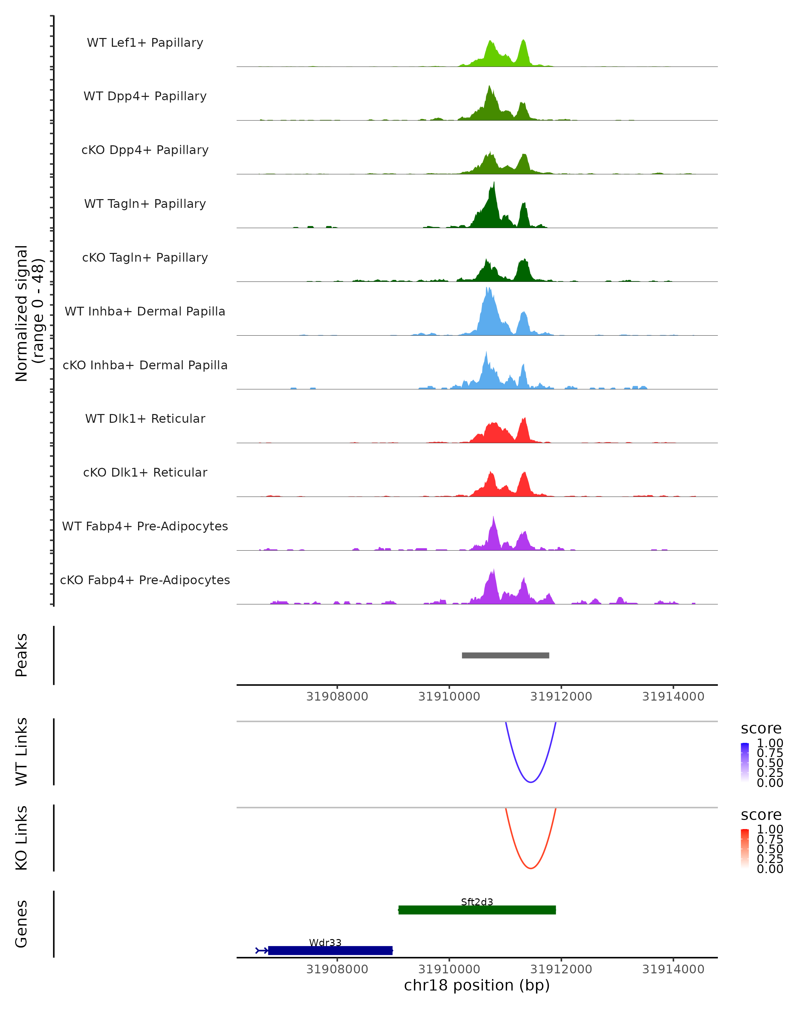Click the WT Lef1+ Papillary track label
pyautogui.click(x=145, y=43)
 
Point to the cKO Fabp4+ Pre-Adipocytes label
pyautogui.click(x=145, y=580)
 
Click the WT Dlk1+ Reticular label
pyautogui.click(x=145, y=418)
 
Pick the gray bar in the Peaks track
pyautogui.click(x=505, y=655)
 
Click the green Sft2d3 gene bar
pyautogui.click(x=477, y=910)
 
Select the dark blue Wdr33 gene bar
pyautogui.click(x=330, y=950)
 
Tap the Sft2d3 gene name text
pyautogui.click(x=477, y=902)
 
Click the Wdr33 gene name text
pyautogui.click(x=325, y=942)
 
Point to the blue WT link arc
pyautogui.click(x=531, y=782)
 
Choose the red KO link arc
pyautogui.click(x=531, y=868)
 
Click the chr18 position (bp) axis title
pyautogui.click(x=477, y=985)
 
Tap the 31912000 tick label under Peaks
pyautogui.click(x=561, y=697)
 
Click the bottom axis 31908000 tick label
pyautogui.click(x=337, y=969)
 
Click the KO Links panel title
pyautogui.click(x=22, y=838)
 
